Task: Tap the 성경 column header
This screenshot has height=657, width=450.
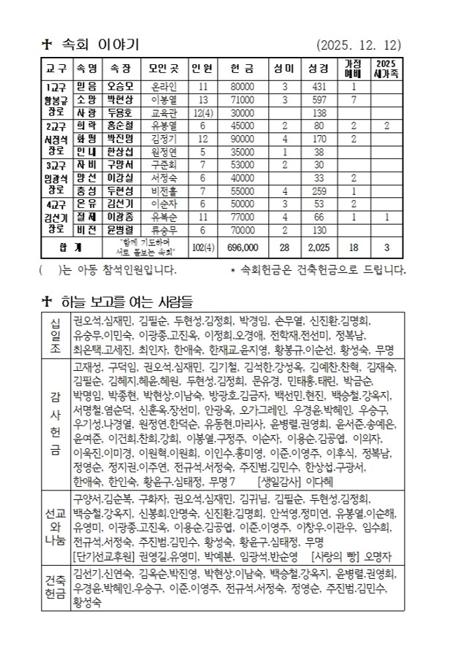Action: pyautogui.click(x=318, y=69)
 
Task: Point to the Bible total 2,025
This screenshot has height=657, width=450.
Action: pyautogui.click(x=318, y=247)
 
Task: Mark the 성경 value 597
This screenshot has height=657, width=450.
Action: pyautogui.click(x=318, y=99)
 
